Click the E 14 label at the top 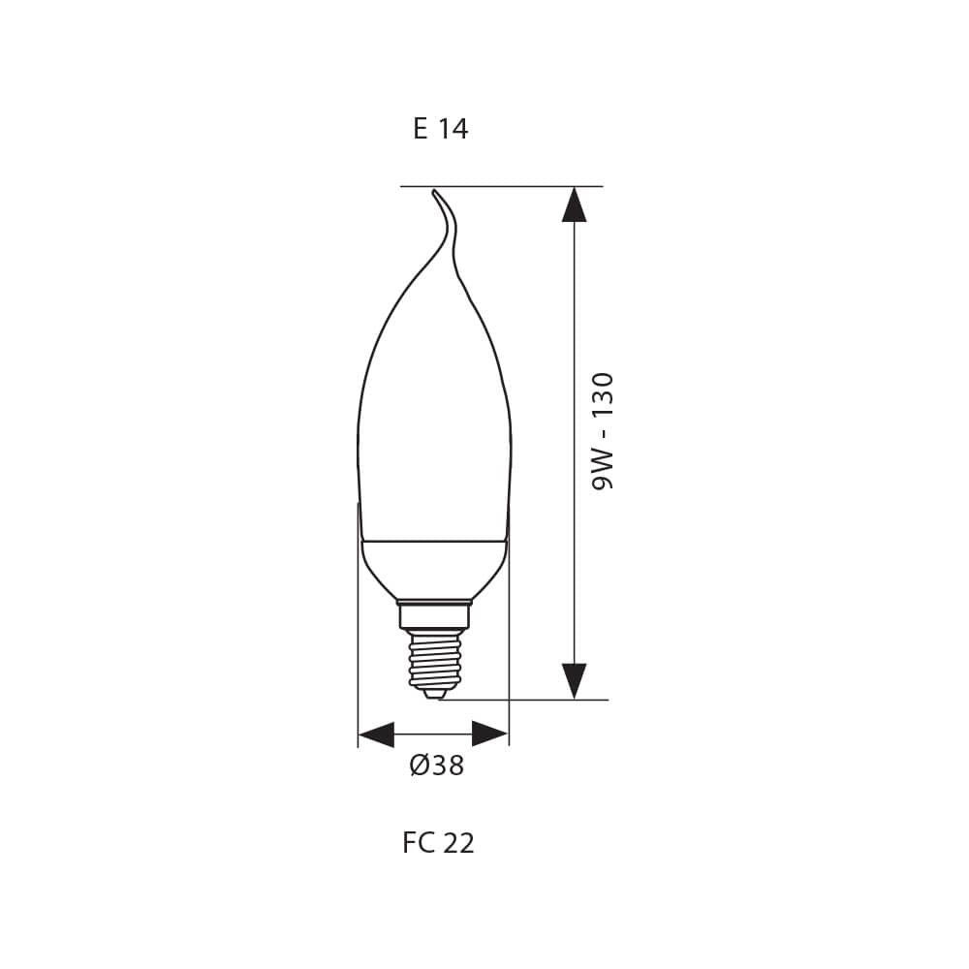tap(440, 129)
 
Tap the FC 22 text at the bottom tap(438, 843)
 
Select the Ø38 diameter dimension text tap(437, 766)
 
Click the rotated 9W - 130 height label tap(604, 430)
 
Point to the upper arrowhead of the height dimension tap(574, 204)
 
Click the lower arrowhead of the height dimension tap(574, 680)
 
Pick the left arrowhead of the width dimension tap(377, 734)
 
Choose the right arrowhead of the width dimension tap(490, 734)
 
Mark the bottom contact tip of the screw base tap(435, 693)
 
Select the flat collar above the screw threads tap(434, 614)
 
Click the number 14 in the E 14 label tap(453, 129)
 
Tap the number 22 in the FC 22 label tap(458, 843)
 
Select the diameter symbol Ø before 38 tap(419, 766)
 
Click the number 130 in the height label tap(604, 393)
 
